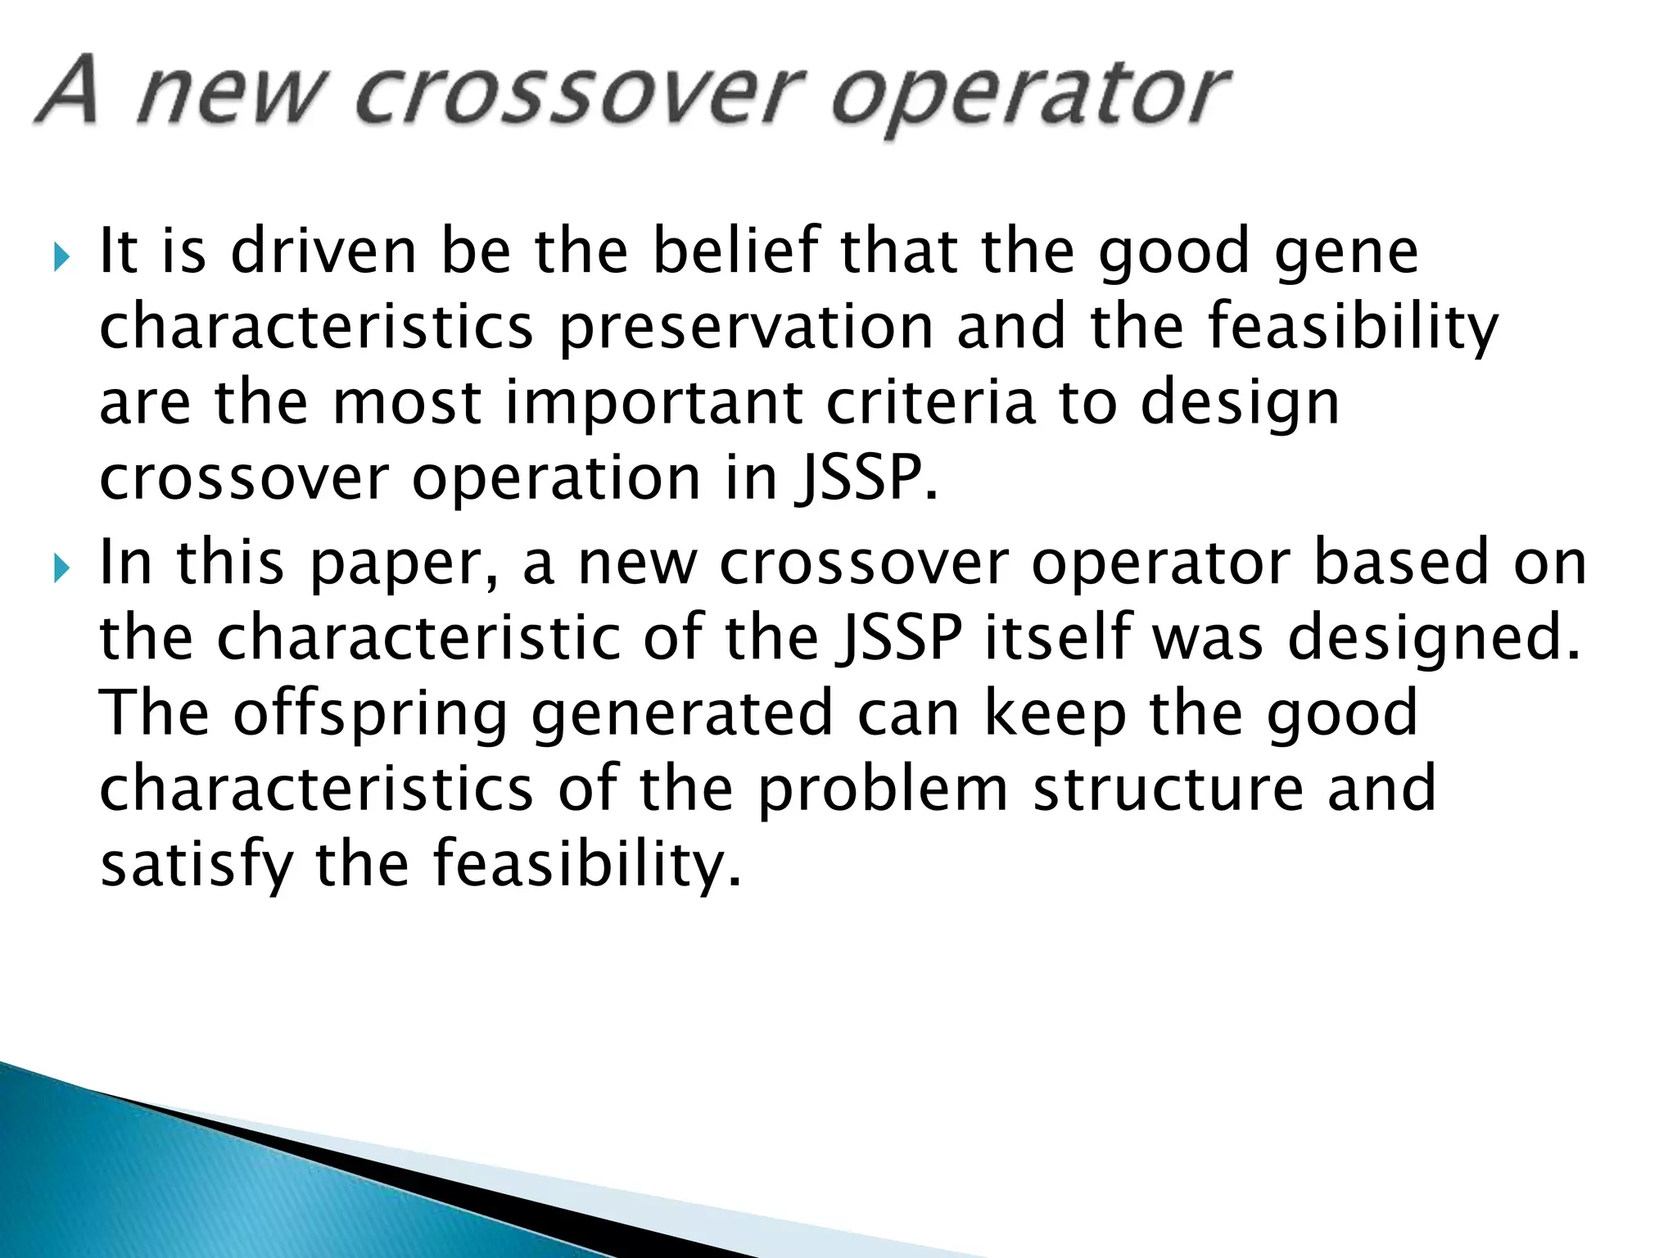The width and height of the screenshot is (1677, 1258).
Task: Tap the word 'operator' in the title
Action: click(x=1030, y=97)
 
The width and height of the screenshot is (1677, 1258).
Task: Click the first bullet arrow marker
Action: click(x=62, y=257)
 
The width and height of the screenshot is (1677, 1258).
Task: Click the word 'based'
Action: click(x=1400, y=563)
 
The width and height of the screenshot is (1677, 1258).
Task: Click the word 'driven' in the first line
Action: click(x=324, y=252)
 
